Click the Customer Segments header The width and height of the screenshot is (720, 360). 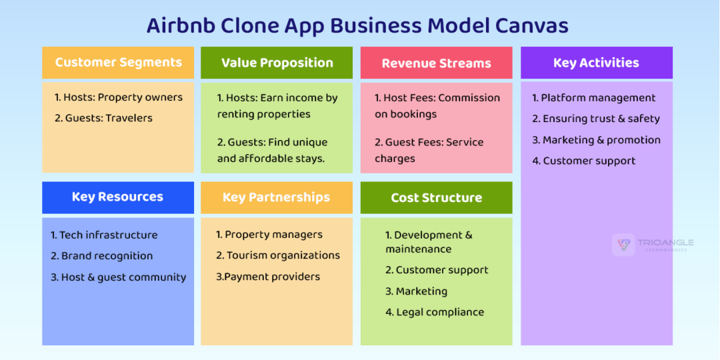[x=118, y=63]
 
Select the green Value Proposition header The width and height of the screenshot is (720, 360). [x=277, y=63]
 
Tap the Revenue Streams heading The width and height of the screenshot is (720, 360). [x=436, y=63]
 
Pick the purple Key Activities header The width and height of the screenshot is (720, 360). [x=596, y=63]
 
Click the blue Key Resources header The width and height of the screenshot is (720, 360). [x=117, y=197]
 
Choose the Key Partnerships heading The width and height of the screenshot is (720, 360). [x=276, y=197]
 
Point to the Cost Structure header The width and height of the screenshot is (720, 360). [x=436, y=198]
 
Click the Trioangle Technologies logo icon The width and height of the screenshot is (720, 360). [x=623, y=244]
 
